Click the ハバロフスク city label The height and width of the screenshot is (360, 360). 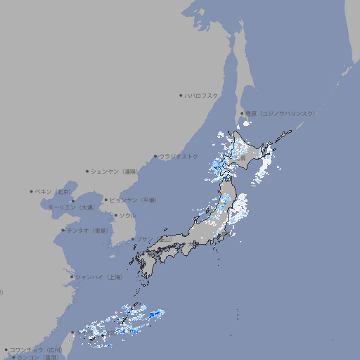(202, 95)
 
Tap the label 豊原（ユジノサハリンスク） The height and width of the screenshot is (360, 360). (280, 113)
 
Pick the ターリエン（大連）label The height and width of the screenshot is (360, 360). (71, 207)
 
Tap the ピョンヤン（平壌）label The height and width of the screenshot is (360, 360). (132, 200)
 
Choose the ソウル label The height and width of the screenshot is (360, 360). (127, 215)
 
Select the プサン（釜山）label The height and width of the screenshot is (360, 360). (153, 239)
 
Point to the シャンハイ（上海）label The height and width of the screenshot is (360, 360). (98, 277)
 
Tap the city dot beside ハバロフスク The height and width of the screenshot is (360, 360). (181, 95)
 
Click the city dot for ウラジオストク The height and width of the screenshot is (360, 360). (155, 156)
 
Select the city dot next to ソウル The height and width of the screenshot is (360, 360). (115, 215)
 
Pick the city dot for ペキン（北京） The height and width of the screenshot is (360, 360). (32, 191)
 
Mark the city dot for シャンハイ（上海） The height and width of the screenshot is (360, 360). (72, 277)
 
